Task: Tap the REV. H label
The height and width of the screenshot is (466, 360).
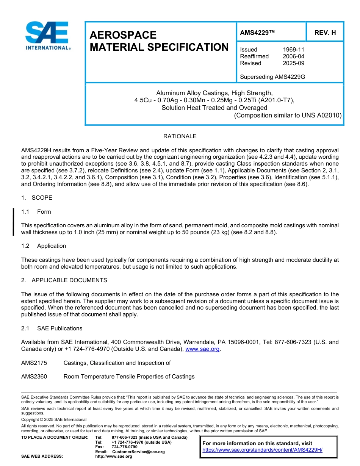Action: [x=325, y=33]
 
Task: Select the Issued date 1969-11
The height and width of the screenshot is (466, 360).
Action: [x=293, y=50]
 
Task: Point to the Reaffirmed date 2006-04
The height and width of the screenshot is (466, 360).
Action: [x=293, y=56]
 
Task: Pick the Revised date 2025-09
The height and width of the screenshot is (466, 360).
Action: [x=293, y=63]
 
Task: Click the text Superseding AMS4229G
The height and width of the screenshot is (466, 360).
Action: [x=272, y=77]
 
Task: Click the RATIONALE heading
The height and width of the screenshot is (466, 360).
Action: [x=180, y=136]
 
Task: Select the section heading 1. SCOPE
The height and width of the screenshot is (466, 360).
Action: [x=37, y=198]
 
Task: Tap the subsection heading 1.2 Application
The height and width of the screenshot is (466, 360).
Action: [x=44, y=246]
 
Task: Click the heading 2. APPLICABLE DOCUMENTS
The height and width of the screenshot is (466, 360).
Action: [x=64, y=280]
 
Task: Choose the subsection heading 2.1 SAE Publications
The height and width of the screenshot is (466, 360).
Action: [x=52, y=328]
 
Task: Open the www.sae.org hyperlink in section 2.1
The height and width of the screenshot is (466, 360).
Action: [x=202, y=349]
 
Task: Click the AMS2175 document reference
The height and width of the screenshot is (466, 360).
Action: [x=34, y=363]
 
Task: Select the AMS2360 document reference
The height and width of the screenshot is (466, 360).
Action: [x=34, y=377]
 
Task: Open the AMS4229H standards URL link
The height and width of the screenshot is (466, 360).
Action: [x=262, y=450]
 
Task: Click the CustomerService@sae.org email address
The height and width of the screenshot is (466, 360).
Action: [x=138, y=452]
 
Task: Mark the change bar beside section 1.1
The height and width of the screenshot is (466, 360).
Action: [x=14, y=222]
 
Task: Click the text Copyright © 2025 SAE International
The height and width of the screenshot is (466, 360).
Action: [x=54, y=419]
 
